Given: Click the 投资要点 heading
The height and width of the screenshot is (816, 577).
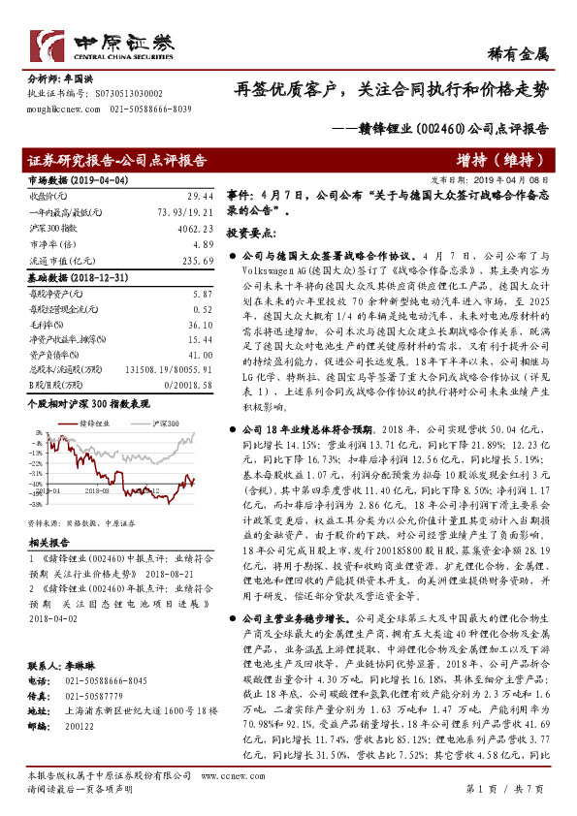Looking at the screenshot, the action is [x=253, y=234].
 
